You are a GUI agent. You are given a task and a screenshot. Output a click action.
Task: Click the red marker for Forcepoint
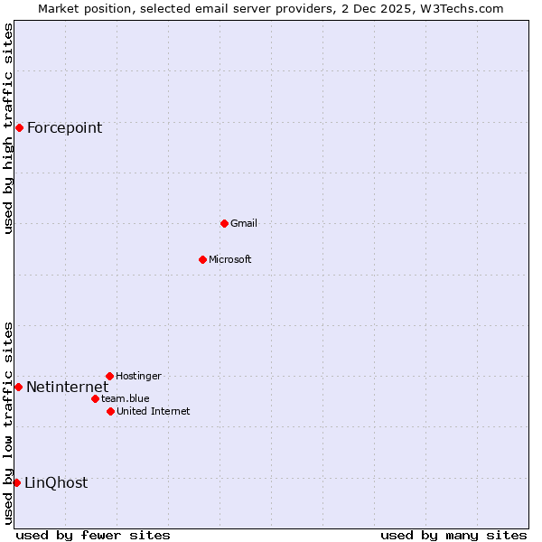[19, 127]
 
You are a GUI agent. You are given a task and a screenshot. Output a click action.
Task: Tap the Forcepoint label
[64, 127]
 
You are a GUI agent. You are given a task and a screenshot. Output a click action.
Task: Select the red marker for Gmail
[224, 223]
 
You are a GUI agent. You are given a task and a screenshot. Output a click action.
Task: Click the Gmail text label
[244, 223]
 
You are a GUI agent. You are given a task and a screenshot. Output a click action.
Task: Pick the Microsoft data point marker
[202, 259]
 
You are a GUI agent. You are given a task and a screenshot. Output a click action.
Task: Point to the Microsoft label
[230, 259]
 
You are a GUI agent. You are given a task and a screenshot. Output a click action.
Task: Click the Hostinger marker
[109, 376]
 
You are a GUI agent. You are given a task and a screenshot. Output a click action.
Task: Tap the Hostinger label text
[138, 376]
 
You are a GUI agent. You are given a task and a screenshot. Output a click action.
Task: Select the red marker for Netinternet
[18, 387]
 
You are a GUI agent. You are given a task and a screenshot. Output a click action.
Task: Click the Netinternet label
[67, 387]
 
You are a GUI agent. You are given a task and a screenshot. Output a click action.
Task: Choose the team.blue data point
[95, 398]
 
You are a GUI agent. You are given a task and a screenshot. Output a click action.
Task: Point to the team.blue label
[126, 398]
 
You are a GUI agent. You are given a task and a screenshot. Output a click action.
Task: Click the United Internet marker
[110, 411]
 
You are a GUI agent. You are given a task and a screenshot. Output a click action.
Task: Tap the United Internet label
[154, 411]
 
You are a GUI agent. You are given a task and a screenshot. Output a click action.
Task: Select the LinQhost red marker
[16, 482]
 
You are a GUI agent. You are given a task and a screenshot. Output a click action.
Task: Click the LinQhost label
[56, 482]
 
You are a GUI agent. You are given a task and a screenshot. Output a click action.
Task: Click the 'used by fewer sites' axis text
[93, 535]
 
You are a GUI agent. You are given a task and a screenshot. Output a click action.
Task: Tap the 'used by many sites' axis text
[453, 535]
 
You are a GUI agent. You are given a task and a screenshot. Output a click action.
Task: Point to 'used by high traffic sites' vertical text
[8, 128]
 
